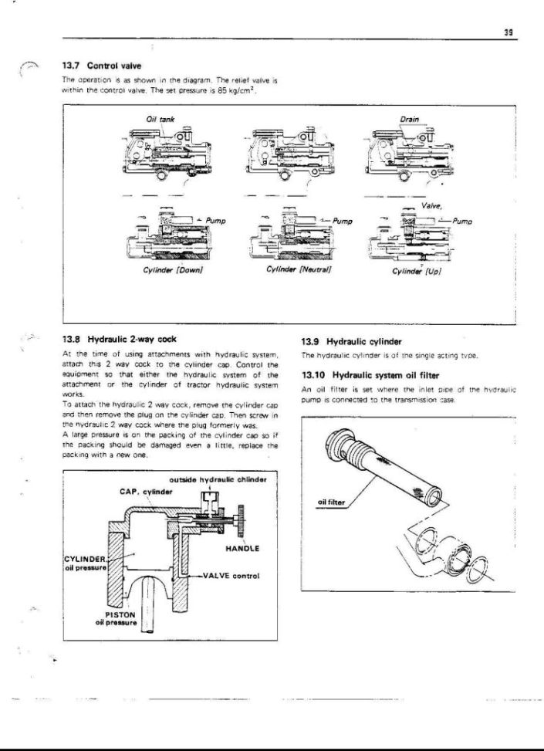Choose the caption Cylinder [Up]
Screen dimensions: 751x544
click(x=417, y=270)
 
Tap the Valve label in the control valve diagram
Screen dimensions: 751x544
click(x=432, y=207)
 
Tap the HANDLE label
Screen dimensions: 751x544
click(x=242, y=549)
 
